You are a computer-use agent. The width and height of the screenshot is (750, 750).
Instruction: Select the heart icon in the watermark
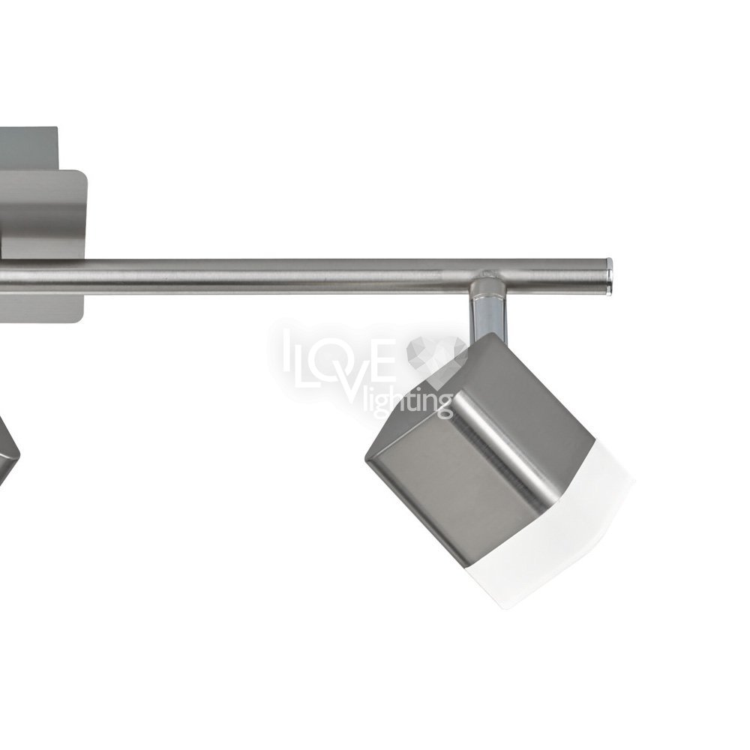click(x=435, y=356)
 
